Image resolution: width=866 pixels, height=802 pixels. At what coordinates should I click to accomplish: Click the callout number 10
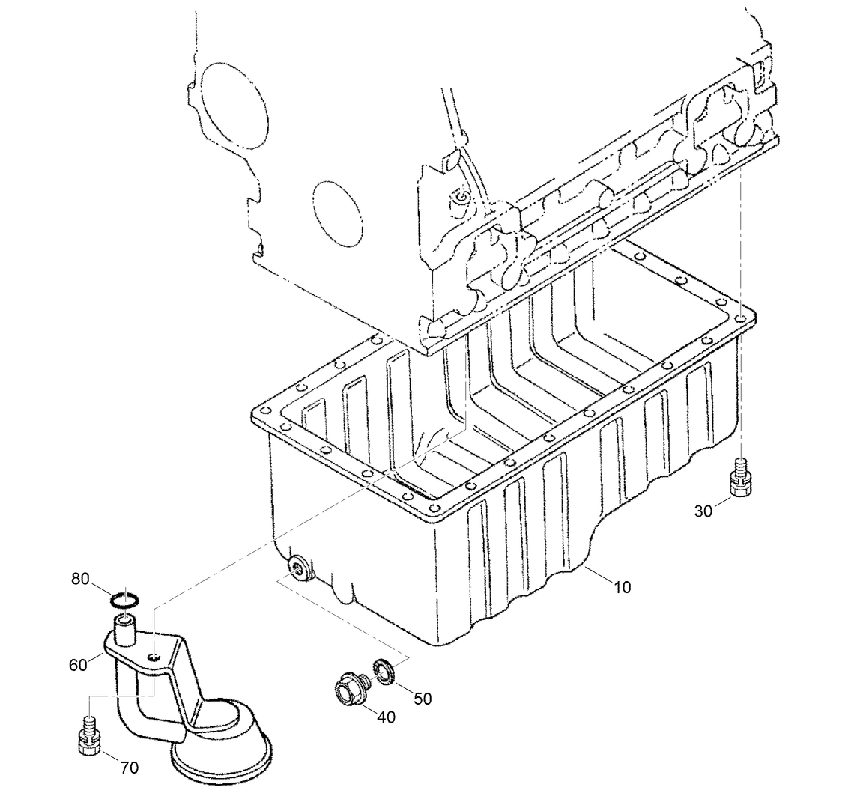tap(622, 587)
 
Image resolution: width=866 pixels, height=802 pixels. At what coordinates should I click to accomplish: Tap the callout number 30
tap(703, 511)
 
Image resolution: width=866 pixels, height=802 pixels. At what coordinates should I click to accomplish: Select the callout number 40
tap(386, 717)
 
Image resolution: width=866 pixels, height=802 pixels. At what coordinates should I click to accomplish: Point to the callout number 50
tap(423, 698)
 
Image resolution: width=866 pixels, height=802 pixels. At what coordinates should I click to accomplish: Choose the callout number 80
tap(80, 578)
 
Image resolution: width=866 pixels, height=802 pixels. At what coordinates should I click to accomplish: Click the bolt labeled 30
tap(739, 476)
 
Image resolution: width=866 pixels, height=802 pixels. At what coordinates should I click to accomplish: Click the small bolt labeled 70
tap(88, 735)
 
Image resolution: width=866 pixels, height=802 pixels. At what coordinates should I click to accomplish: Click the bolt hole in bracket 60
tap(154, 657)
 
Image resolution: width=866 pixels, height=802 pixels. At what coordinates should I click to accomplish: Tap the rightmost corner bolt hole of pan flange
tap(741, 320)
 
